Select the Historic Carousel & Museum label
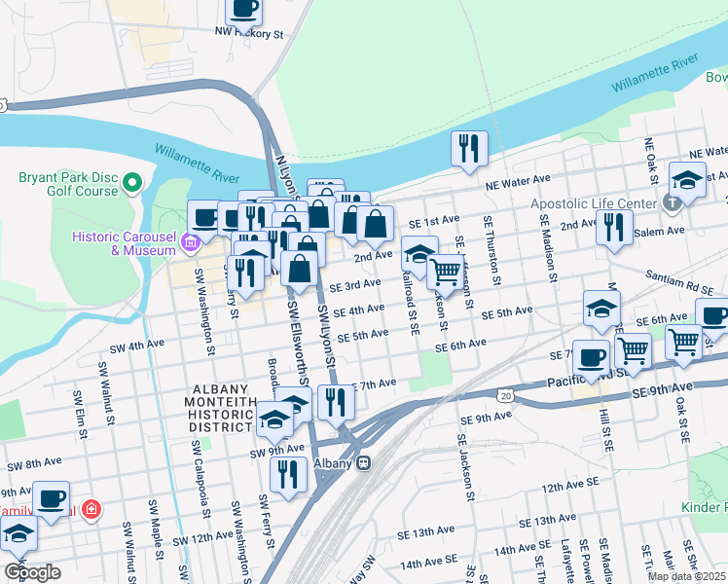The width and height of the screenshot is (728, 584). point(124,243)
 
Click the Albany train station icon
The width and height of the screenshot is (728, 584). point(363,463)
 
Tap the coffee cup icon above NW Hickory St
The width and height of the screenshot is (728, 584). point(244,10)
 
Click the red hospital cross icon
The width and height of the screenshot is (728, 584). point(91,508)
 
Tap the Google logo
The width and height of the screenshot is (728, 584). point(31,572)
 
